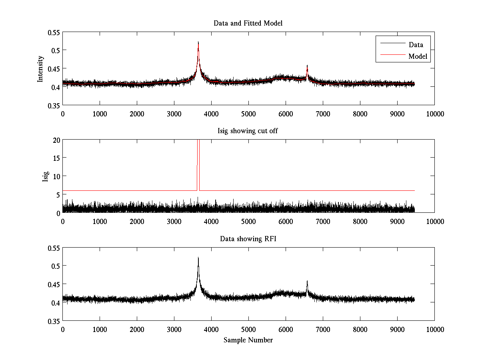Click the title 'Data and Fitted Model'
[248, 23]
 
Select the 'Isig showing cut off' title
[248, 131]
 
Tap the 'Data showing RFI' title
[248, 239]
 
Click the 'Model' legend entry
[418, 56]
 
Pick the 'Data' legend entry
[416, 44]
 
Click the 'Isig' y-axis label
[45, 176]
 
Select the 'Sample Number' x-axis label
[248, 340]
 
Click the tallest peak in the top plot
[198, 42]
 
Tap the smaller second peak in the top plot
[307, 66]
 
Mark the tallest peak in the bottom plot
[198, 258]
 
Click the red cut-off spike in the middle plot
[198, 160]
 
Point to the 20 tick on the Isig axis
[56, 140]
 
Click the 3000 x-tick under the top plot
[174, 114]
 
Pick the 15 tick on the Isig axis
[56, 158]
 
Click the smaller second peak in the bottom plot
[307, 281]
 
